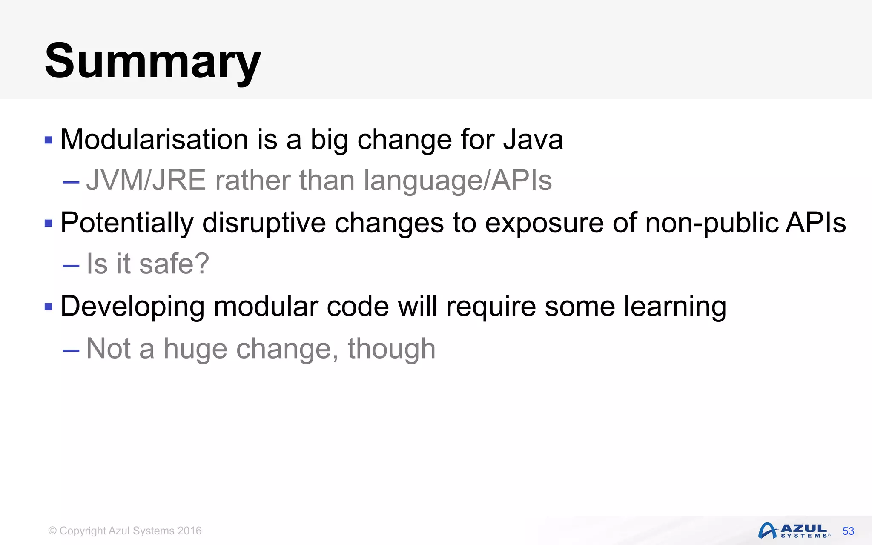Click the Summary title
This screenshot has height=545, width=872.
[x=152, y=61]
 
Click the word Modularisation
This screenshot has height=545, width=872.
[x=154, y=139]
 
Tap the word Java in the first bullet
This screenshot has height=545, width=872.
[x=533, y=139]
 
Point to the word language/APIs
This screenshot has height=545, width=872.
[x=458, y=180]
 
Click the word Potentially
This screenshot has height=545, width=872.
[x=127, y=223]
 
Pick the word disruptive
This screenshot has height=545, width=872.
[x=264, y=223]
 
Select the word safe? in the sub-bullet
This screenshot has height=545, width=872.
[x=174, y=264]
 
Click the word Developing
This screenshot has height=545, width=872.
[x=132, y=306]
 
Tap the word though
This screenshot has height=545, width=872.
[x=391, y=349]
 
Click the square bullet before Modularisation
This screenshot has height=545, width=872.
[x=48, y=140]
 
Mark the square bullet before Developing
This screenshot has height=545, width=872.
[x=48, y=307]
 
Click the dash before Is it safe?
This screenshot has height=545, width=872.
[x=71, y=266]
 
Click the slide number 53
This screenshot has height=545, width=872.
[x=848, y=531]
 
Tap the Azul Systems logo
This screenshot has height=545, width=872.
[x=794, y=531]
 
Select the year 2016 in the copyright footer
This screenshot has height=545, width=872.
[x=189, y=531]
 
